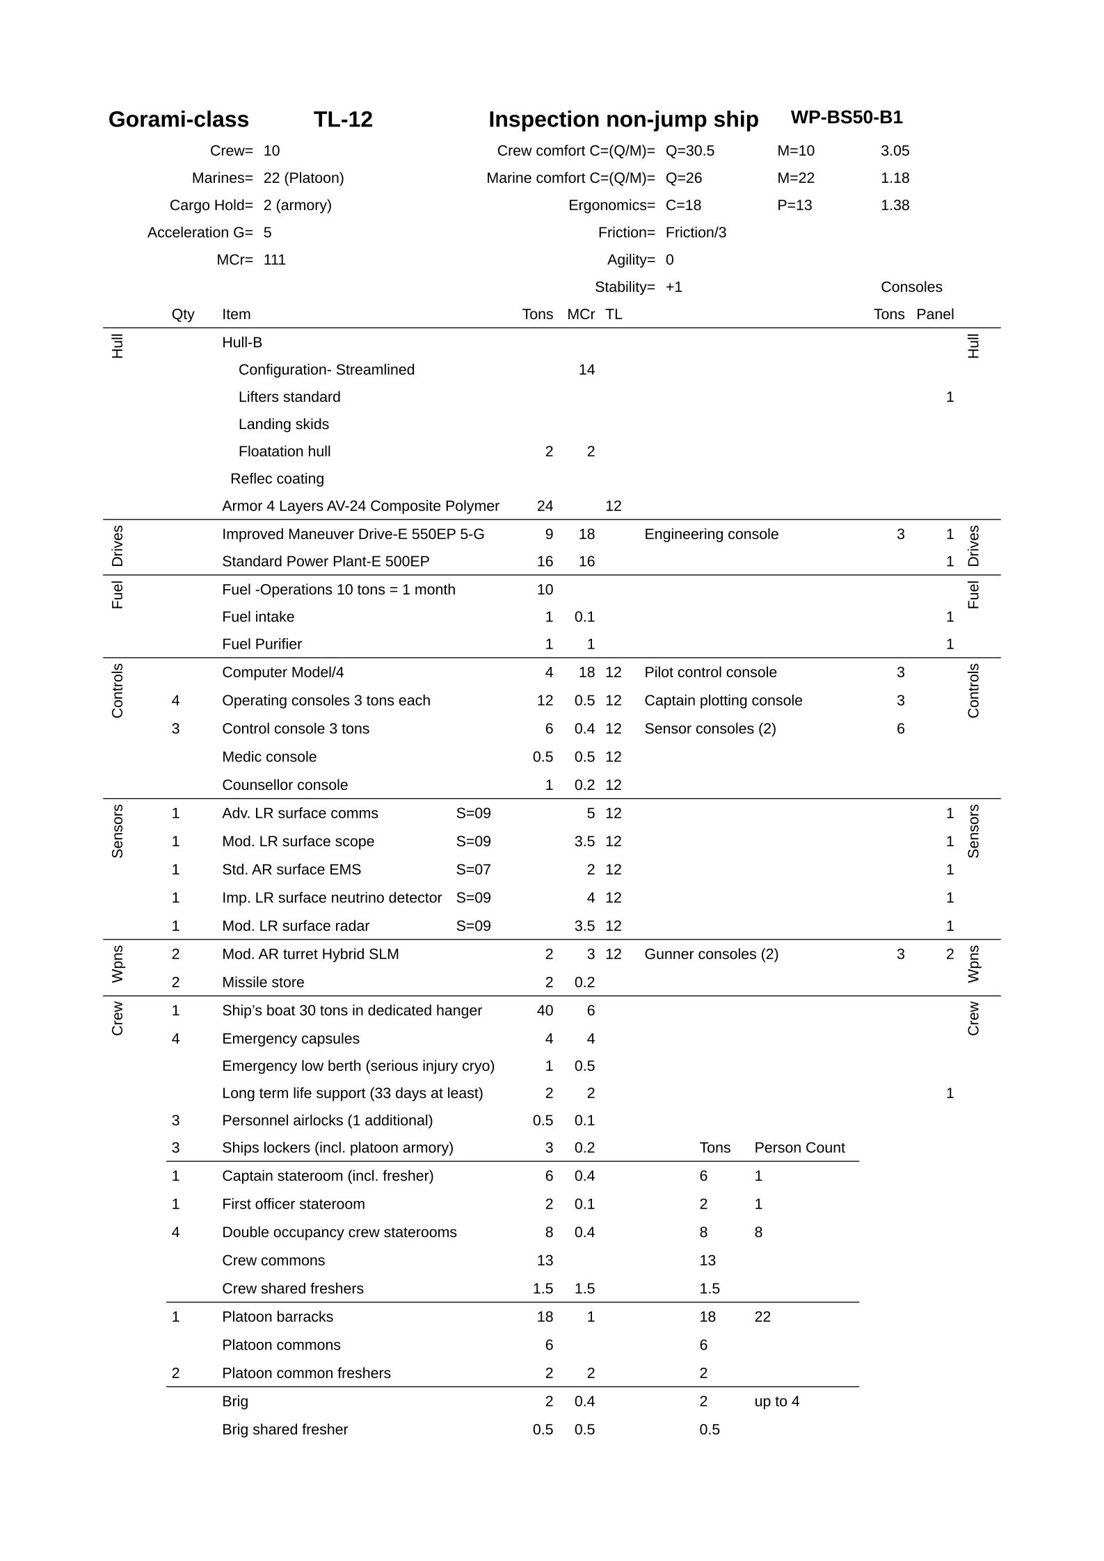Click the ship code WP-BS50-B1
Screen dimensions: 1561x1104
[846, 118]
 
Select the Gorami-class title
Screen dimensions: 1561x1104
[178, 120]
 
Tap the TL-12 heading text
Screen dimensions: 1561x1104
[343, 120]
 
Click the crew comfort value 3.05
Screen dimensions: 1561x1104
[895, 151]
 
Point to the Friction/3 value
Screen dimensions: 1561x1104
[696, 232]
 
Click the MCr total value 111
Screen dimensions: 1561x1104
[274, 260]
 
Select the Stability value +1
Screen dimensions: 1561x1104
[673, 287]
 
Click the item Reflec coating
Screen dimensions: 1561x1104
[277, 478]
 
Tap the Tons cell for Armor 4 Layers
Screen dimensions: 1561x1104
[545, 506]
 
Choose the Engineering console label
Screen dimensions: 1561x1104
[711, 534]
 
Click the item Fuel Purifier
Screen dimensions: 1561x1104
[262, 644]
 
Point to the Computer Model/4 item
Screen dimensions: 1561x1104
[282, 672]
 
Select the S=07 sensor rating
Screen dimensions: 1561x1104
[473, 869]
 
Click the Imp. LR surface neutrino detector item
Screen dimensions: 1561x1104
[332, 898]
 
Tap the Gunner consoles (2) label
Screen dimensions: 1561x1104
[711, 954]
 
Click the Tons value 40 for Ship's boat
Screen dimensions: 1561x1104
[545, 1010]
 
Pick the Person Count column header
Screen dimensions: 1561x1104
[799, 1147]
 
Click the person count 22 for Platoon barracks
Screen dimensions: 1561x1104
[762, 1316]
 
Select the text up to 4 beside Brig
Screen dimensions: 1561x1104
[776, 1401]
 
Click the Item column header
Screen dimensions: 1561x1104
[236, 314]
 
